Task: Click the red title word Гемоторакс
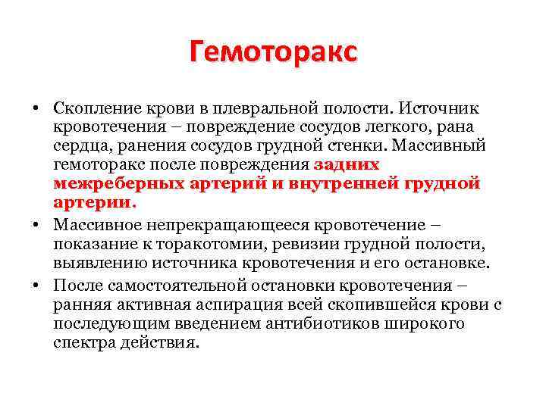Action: (x=273, y=52)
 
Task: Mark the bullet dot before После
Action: (x=36, y=286)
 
